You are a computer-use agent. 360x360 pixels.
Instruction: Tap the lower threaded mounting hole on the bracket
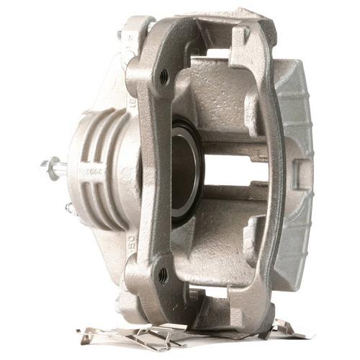point(163,274)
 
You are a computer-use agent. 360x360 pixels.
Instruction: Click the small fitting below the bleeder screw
point(70,209)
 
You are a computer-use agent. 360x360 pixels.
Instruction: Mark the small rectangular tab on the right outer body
point(297,173)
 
